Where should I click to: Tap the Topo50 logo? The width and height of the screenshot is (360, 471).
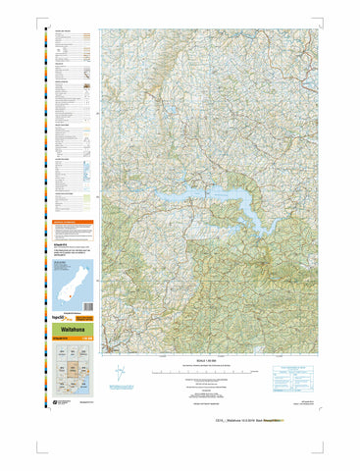[x=60, y=320]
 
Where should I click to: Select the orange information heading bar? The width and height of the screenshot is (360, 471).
[x=75, y=223]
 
